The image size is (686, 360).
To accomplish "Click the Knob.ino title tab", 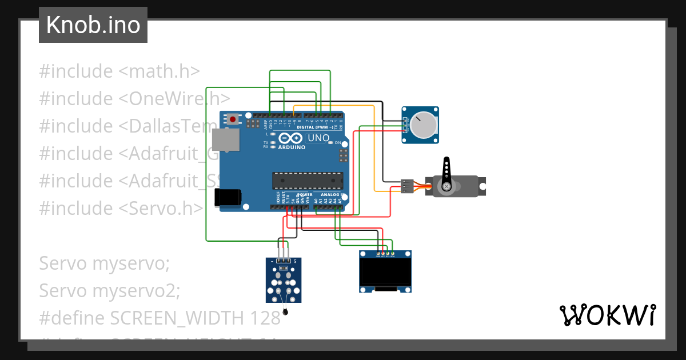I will (x=93, y=25).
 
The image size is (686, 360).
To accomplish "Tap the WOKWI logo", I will (x=607, y=315).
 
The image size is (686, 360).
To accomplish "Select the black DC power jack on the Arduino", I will (x=227, y=197).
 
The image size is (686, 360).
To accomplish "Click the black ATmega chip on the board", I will (x=306, y=180).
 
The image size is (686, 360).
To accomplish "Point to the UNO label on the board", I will (x=318, y=138).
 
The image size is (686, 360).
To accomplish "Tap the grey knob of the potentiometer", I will (x=424, y=125).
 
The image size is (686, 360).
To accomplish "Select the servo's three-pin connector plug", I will (x=406, y=186).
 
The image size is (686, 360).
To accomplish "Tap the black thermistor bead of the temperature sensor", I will (x=285, y=312).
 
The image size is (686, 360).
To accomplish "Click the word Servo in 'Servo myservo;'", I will (x=63, y=264).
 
